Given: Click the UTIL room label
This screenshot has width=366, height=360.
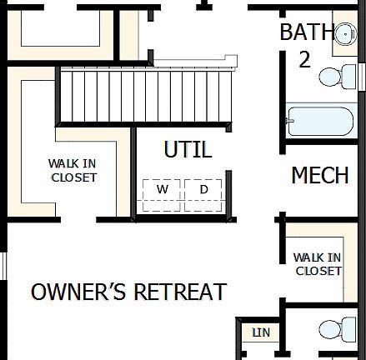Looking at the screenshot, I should coord(188,150).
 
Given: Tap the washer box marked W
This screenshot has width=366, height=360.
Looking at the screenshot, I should coord(163,195).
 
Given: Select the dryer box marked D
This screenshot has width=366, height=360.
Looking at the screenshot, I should coord(204,195).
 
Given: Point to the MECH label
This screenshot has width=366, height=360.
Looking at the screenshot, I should coord(320,176).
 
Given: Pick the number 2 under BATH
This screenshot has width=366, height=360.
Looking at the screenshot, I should coord(305,59).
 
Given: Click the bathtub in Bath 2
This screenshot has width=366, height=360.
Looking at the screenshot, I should coord(320,122).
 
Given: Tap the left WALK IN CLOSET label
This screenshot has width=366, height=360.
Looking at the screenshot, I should coord(73,171).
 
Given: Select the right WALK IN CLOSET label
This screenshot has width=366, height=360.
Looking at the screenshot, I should coord(318,264).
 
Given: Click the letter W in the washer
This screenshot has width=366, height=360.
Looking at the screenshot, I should coord(163,190).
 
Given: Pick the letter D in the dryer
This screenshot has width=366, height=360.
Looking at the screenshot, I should coord(204,190).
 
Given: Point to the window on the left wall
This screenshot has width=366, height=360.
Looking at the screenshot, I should coord(3,267).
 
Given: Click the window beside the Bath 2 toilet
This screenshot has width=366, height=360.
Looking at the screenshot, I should coord(362,75).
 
